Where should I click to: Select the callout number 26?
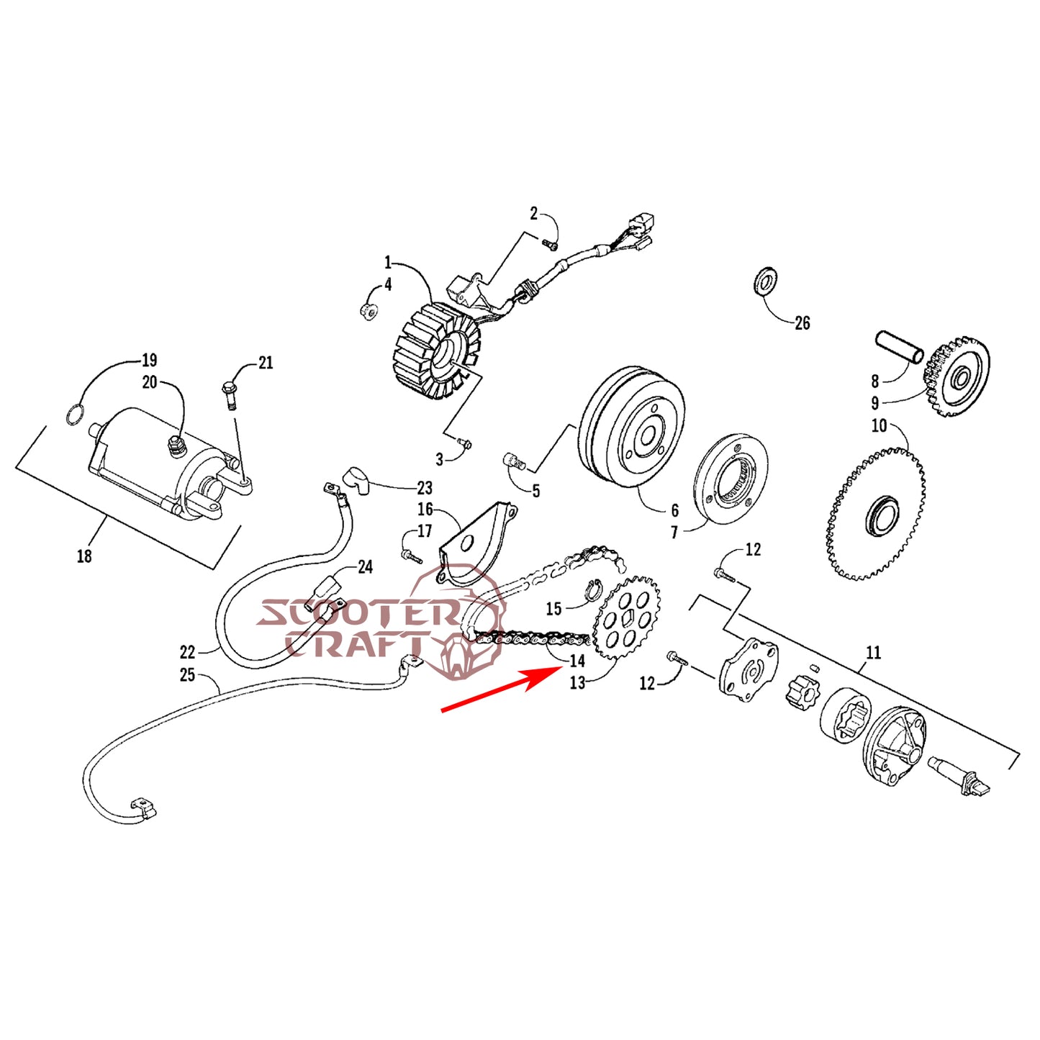(802, 324)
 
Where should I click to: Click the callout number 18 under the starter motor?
(84, 556)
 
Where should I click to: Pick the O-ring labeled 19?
(75, 415)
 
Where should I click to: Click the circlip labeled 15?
(592, 589)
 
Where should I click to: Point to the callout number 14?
(577, 661)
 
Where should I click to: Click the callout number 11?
(873, 653)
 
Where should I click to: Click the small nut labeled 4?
(368, 311)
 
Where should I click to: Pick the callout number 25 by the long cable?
(187, 675)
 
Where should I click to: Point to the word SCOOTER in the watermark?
(356, 614)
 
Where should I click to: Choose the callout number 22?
(187, 652)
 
